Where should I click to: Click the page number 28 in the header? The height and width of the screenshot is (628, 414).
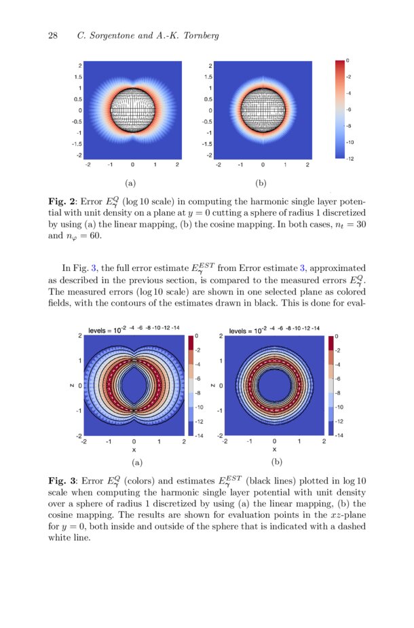tap(52, 36)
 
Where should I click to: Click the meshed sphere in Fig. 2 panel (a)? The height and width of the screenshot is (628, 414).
tap(132, 109)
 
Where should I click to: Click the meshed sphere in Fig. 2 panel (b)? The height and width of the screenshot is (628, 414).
tap(262, 109)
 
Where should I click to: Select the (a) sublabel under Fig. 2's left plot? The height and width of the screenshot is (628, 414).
tap(131, 183)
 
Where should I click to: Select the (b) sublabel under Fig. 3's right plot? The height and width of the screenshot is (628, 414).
tap(276, 462)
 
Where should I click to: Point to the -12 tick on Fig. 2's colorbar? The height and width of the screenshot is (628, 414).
tap(350, 158)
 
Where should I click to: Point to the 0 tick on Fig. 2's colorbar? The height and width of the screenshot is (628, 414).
tap(348, 60)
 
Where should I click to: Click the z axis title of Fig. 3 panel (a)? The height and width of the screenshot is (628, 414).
tap(71, 386)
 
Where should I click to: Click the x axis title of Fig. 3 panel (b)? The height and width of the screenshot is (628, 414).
tap(274, 449)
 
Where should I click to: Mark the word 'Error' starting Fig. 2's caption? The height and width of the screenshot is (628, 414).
tap(92, 202)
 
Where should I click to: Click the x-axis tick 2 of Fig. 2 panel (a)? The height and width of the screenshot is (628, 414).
tap(177, 164)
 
